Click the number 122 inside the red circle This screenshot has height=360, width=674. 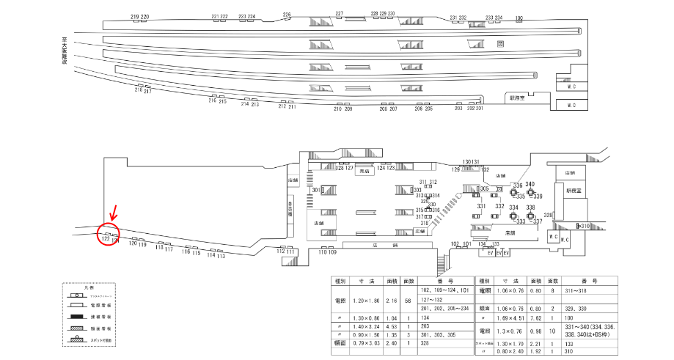click(106, 239)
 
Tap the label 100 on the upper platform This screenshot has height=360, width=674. click(519, 18)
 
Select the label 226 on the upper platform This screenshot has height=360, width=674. click(287, 15)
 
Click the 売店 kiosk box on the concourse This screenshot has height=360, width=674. click(365, 171)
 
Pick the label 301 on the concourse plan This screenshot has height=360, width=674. click(316, 191)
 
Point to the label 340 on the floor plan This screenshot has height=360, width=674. click(530, 184)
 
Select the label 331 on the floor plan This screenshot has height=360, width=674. click(481, 207)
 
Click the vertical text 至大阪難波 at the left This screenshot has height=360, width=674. click(65, 54)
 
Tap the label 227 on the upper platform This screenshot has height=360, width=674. click(339, 14)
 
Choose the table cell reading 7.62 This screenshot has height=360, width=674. click(533, 319)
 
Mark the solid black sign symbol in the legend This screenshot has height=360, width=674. click(77, 317)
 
